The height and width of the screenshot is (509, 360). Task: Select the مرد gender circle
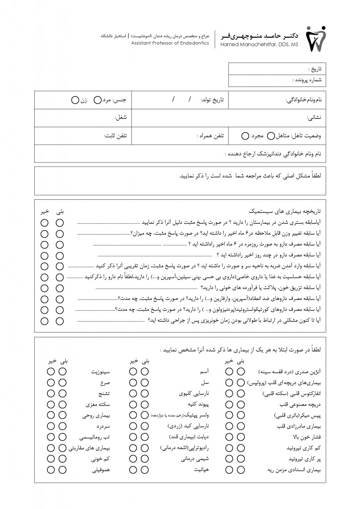point(97,100)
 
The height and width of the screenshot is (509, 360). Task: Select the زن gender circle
point(75,100)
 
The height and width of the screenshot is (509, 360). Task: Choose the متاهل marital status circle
point(271,135)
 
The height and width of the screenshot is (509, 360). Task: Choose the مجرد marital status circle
point(245,135)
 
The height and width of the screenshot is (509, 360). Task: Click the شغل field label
point(121,118)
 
